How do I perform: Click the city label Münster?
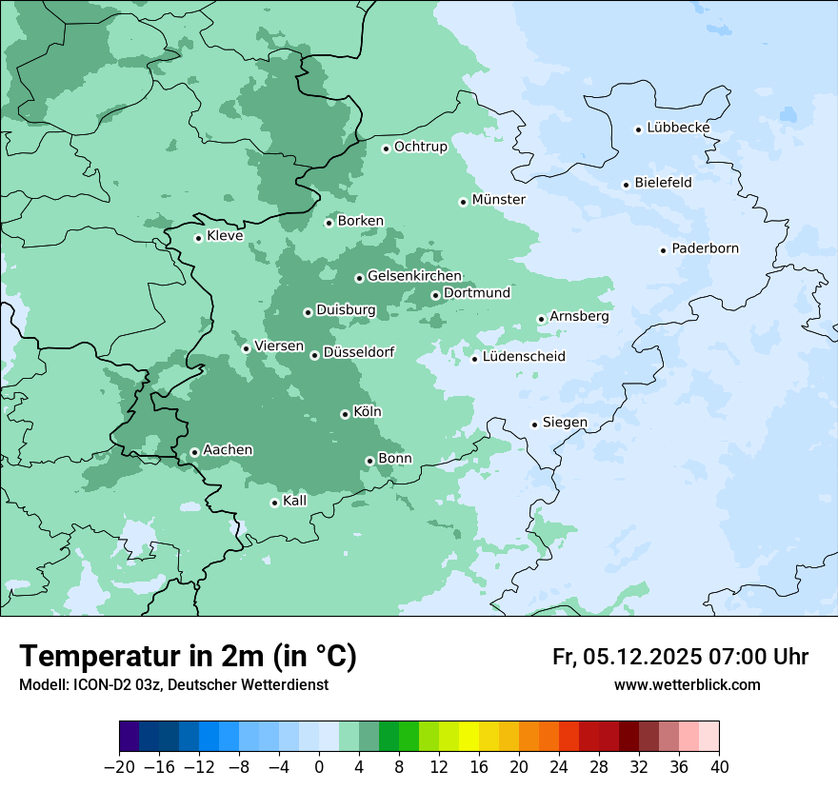click(x=498, y=200)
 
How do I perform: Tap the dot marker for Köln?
click(x=345, y=414)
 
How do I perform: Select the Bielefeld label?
click(x=663, y=182)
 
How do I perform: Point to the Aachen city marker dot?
click(x=194, y=452)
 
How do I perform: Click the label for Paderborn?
click(x=705, y=248)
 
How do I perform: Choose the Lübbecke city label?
click(x=678, y=128)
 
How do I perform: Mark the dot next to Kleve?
click(x=198, y=238)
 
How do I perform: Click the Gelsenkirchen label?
click(x=414, y=276)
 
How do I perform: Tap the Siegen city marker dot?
click(x=534, y=425)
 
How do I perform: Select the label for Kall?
click(x=295, y=501)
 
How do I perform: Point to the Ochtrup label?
click(x=420, y=147)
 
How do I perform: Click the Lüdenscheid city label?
click(x=524, y=357)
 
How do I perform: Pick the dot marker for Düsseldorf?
click(x=314, y=355)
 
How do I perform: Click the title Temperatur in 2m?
click(x=189, y=656)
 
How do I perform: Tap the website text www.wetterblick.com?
click(x=687, y=684)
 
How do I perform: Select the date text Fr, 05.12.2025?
click(x=627, y=657)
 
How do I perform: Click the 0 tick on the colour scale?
click(x=319, y=767)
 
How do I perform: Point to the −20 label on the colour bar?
click(x=119, y=767)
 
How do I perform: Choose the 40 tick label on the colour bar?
click(x=719, y=767)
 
